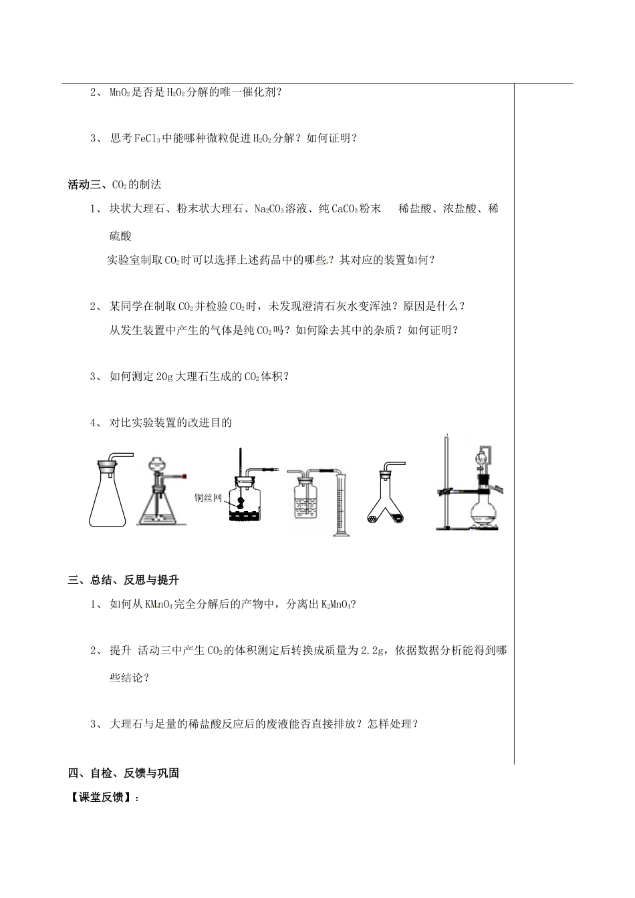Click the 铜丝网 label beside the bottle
point(207,497)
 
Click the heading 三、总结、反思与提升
point(124,580)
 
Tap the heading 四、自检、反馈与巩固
point(124,773)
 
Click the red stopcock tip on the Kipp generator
point(182,476)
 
